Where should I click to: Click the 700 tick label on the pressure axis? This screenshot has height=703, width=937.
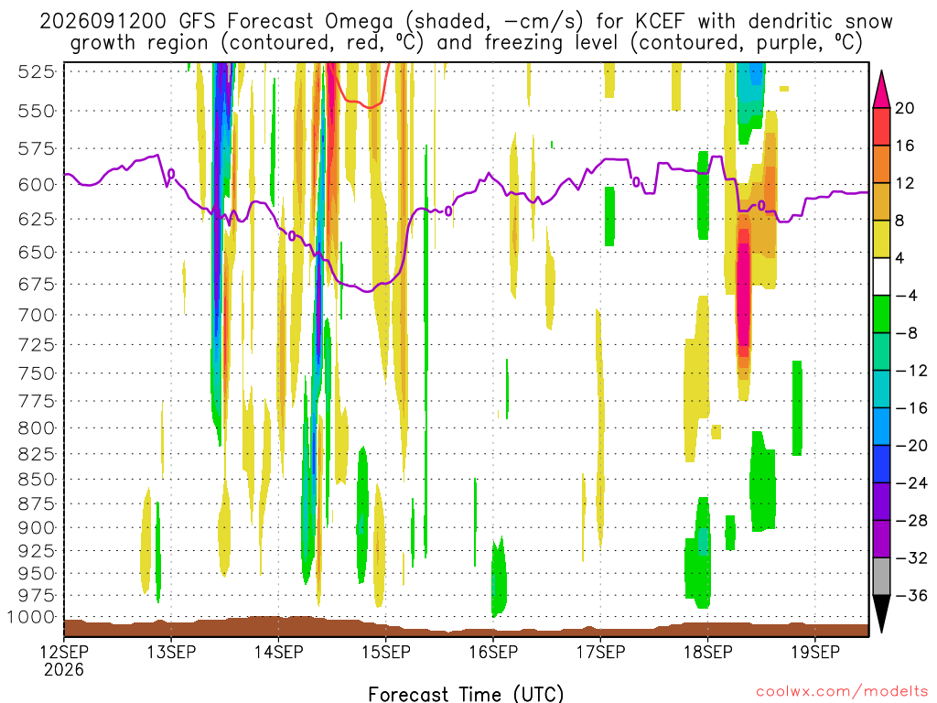(x=37, y=315)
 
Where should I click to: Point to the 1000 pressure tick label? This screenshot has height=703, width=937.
(x=31, y=617)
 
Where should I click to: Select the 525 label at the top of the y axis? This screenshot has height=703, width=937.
(x=37, y=71)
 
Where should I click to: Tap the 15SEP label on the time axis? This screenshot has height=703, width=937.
(x=386, y=652)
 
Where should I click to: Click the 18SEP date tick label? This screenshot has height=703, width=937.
(x=708, y=652)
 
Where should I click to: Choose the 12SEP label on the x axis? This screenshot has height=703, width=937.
(x=64, y=652)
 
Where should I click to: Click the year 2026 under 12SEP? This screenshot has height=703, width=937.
(x=64, y=669)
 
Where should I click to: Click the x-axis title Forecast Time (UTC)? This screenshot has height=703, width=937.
(x=466, y=694)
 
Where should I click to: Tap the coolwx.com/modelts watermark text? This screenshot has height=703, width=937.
(x=842, y=692)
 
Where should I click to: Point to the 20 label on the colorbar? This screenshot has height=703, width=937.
(x=904, y=108)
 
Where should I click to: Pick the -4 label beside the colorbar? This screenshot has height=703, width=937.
(x=906, y=296)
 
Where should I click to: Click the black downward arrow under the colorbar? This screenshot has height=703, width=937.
(x=881, y=612)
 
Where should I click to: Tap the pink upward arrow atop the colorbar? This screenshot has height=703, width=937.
(x=881, y=91)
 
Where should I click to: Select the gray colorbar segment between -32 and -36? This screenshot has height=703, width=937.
(x=881, y=577)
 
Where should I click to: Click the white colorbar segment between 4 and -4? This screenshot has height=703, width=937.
(x=881, y=276)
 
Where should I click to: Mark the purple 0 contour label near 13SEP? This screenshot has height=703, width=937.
(x=171, y=174)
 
